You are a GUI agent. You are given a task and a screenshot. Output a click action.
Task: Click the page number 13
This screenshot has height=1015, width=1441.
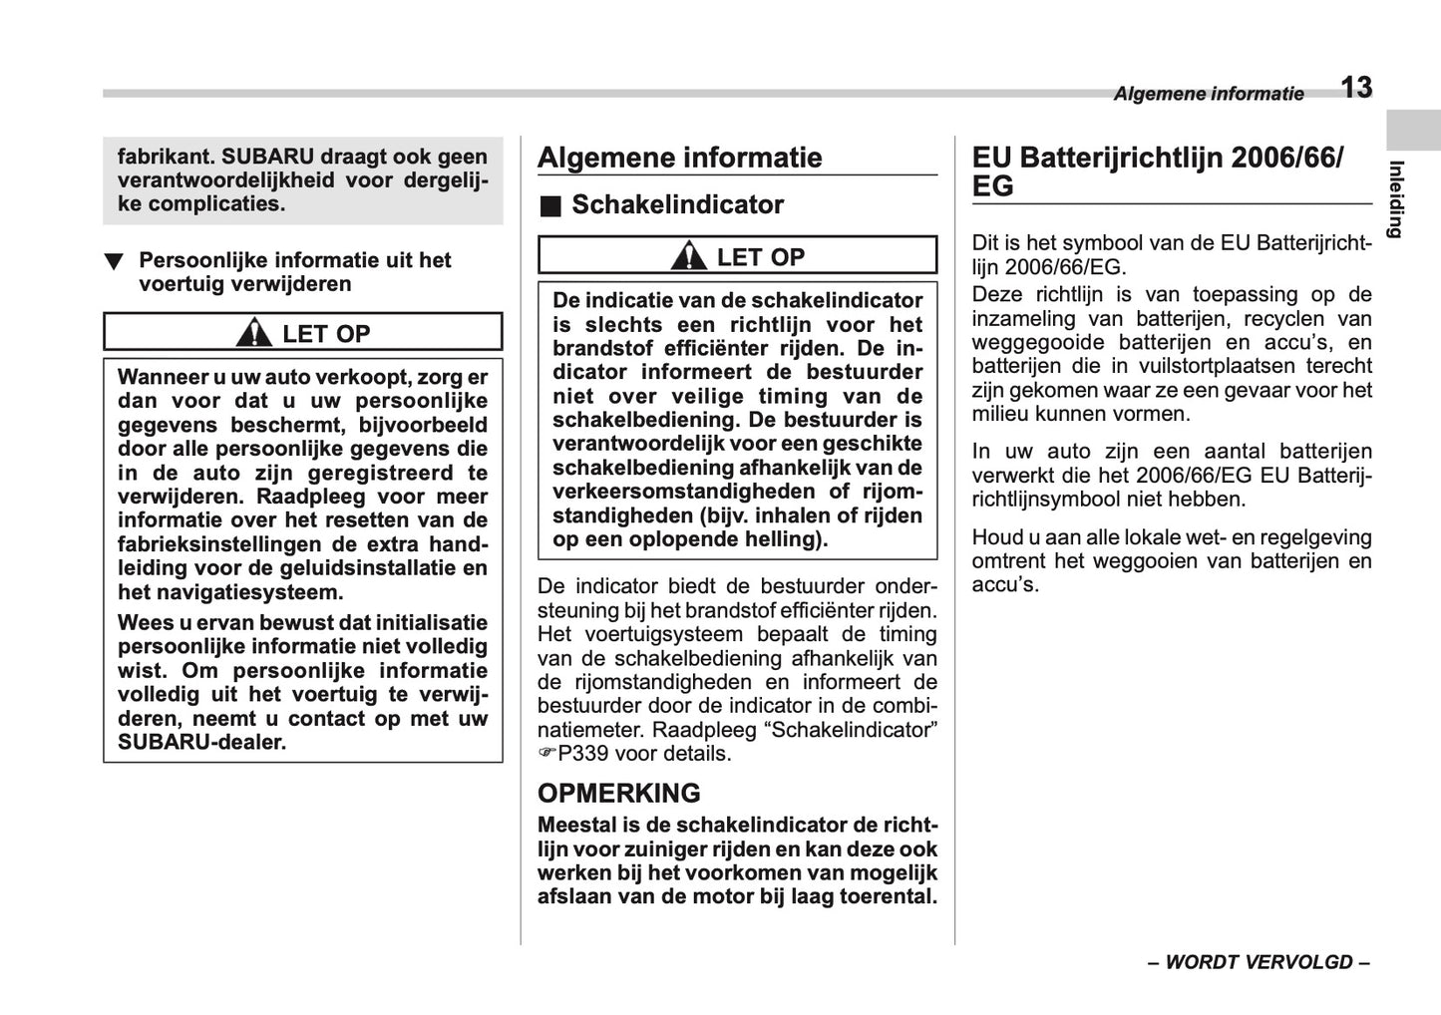1355,88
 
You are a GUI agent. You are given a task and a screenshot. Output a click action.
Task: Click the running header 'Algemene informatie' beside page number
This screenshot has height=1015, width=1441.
1208,94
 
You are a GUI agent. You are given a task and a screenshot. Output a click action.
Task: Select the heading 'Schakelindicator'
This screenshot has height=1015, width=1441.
677,205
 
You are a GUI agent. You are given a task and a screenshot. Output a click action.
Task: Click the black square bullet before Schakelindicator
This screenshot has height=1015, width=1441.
550,206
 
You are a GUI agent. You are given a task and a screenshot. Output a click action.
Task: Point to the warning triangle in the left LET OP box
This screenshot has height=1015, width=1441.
254,332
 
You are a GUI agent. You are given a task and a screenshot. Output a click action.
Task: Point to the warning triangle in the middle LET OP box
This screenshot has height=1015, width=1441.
688,256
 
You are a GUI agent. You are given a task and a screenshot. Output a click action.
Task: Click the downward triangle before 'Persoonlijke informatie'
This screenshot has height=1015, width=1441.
115,262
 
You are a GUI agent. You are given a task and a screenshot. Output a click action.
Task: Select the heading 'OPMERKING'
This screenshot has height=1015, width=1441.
618,794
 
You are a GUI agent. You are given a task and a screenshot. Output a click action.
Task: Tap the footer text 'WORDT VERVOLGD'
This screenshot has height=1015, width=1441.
1259,962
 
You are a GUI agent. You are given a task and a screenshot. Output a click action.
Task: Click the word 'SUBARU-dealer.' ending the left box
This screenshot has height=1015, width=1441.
201,743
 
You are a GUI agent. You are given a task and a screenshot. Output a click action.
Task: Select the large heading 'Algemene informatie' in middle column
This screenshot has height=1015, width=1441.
679,158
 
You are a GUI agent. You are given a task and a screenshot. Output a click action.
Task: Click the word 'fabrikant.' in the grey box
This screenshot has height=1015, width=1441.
166,157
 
